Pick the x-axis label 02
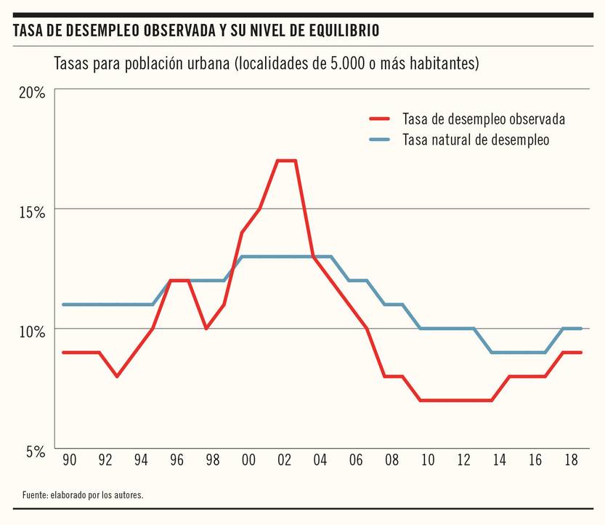(284, 460)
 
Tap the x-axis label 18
(570, 460)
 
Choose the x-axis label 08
(391, 460)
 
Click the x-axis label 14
(498, 460)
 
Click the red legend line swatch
(380, 119)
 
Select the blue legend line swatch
(380, 140)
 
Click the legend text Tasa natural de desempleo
(476, 140)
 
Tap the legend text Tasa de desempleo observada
(484, 119)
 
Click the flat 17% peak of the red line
(286, 161)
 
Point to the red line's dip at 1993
(117, 376)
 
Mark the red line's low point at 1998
(206, 328)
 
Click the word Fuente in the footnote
(35, 494)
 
